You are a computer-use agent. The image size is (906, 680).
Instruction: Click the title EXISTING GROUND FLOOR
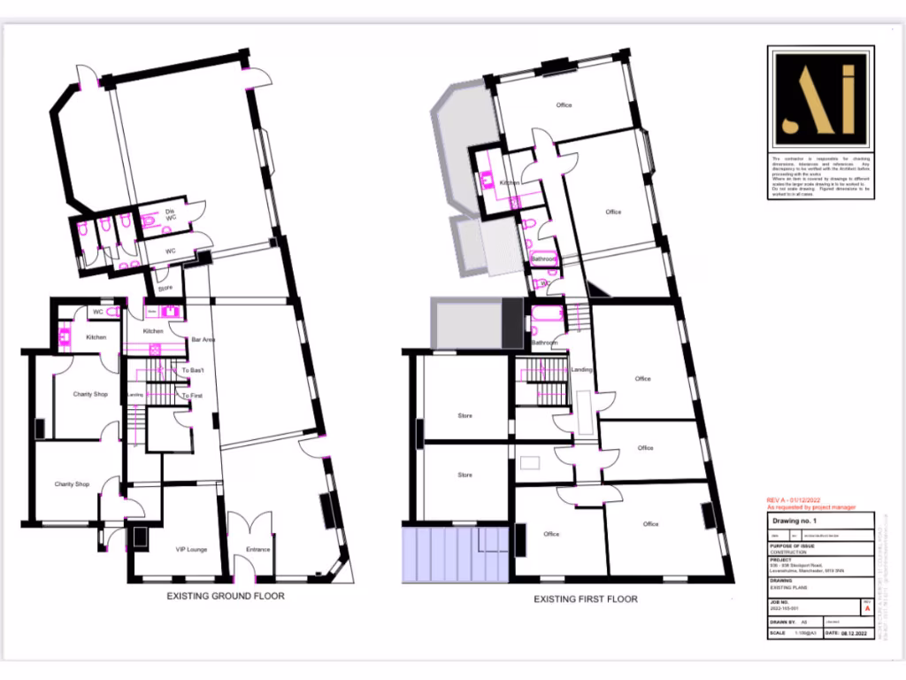point(226,596)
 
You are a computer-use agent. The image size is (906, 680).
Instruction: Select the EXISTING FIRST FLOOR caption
point(585,599)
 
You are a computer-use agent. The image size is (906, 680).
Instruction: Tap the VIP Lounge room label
point(191,550)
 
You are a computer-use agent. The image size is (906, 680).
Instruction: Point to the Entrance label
point(257,550)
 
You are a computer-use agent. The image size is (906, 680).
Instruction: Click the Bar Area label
point(204,339)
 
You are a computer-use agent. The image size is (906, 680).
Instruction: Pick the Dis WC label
point(171,214)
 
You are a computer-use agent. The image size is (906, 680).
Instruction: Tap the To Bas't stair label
point(193,369)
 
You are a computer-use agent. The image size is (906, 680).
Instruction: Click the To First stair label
point(193,395)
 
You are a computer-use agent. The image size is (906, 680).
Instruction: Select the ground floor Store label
point(165,289)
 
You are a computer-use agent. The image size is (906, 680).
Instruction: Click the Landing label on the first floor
point(581,370)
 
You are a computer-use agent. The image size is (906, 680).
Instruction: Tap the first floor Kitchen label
point(509,183)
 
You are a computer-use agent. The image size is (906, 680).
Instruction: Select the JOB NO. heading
point(780,601)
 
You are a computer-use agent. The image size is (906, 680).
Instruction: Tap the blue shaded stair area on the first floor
point(455,554)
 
